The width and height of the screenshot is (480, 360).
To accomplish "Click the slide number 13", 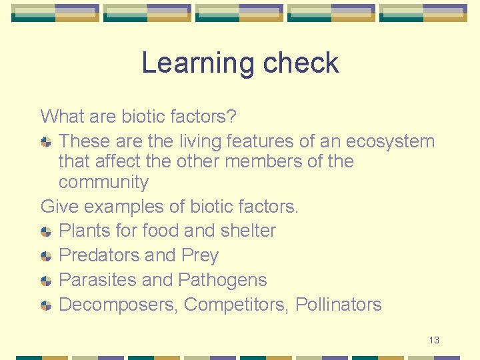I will [434, 341].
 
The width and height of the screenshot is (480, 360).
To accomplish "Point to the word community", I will [103, 182].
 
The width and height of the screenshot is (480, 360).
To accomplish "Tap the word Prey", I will [200, 255].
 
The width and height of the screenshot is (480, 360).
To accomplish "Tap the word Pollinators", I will [339, 305].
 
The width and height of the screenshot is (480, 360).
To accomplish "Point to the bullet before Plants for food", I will [46, 231].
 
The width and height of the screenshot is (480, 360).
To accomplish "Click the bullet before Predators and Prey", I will [46, 256].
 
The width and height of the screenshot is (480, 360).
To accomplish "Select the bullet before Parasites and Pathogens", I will [46, 281].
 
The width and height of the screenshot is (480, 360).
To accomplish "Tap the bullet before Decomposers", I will [46, 305].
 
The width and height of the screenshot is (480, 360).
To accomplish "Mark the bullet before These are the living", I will [46, 142].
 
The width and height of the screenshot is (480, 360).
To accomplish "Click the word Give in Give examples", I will [56, 207].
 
